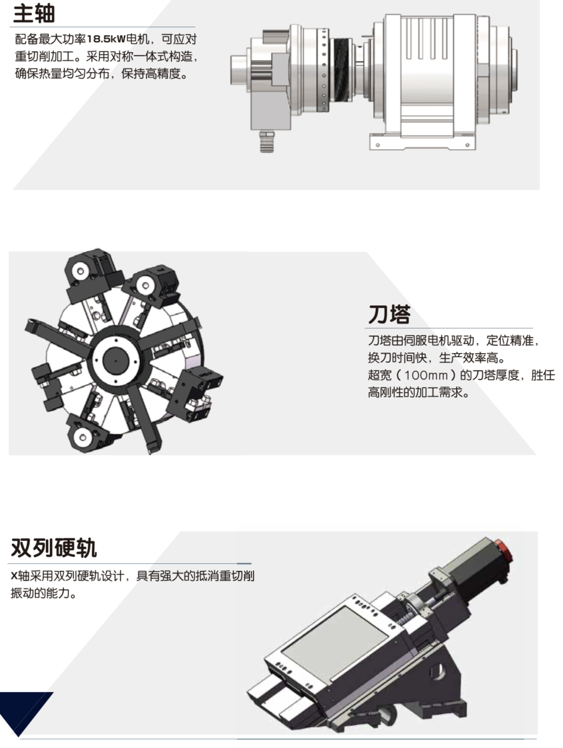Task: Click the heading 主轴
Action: point(34,14)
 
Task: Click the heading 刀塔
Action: point(389,314)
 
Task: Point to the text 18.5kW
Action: point(106,39)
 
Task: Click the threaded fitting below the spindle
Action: point(266,141)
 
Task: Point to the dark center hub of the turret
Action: point(116,360)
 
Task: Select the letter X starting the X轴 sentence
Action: point(14,576)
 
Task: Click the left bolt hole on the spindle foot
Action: point(377,145)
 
